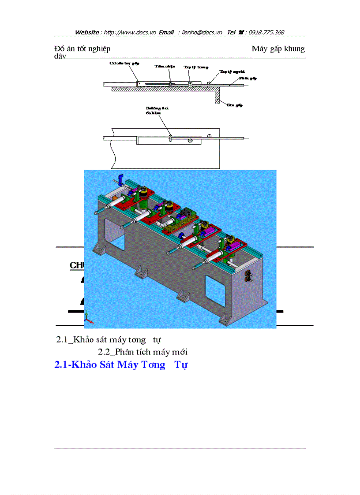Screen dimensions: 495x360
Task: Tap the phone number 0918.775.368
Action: [266, 32]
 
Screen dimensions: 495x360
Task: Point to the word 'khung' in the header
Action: [294, 48]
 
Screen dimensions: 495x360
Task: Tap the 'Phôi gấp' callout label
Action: [247, 78]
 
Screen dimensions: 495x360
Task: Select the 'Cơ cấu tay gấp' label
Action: [124, 63]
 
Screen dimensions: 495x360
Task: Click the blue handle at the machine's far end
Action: [119, 180]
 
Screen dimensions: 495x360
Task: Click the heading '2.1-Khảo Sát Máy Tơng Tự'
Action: [120, 365]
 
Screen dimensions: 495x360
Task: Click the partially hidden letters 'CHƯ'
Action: [76, 265]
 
